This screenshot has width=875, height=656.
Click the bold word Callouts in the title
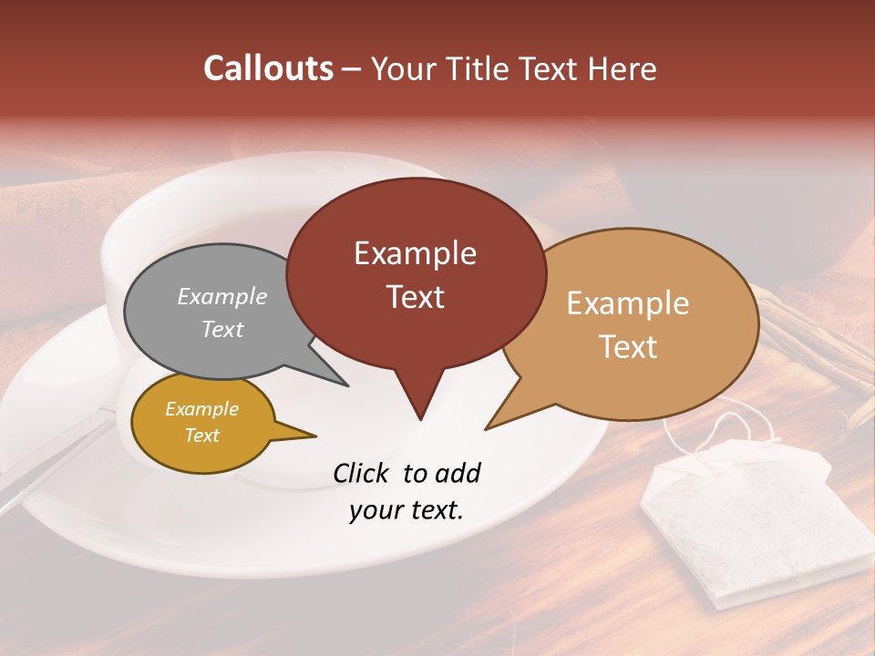(x=268, y=68)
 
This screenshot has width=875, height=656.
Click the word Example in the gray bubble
(x=221, y=296)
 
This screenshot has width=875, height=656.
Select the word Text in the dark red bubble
(x=416, y=297)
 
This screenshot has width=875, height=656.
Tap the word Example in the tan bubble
(x=628, y=303)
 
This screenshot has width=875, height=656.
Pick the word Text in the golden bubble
(x=202, y=436)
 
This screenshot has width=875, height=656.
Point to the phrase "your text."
(x=407, y=510)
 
